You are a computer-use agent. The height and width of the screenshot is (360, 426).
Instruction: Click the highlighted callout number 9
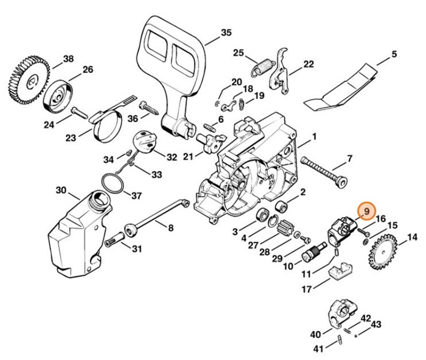click(366, 212)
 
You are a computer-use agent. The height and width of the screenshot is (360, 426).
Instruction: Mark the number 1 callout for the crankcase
click(314, 137)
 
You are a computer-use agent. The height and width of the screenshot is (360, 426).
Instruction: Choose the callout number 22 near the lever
click(309, 64)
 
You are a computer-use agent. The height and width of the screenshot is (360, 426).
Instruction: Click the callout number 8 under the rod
click(170, 228)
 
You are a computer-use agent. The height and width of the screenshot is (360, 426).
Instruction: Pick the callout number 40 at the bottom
click(315, 334)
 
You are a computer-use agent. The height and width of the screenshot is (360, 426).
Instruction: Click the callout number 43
click(376, 325)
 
